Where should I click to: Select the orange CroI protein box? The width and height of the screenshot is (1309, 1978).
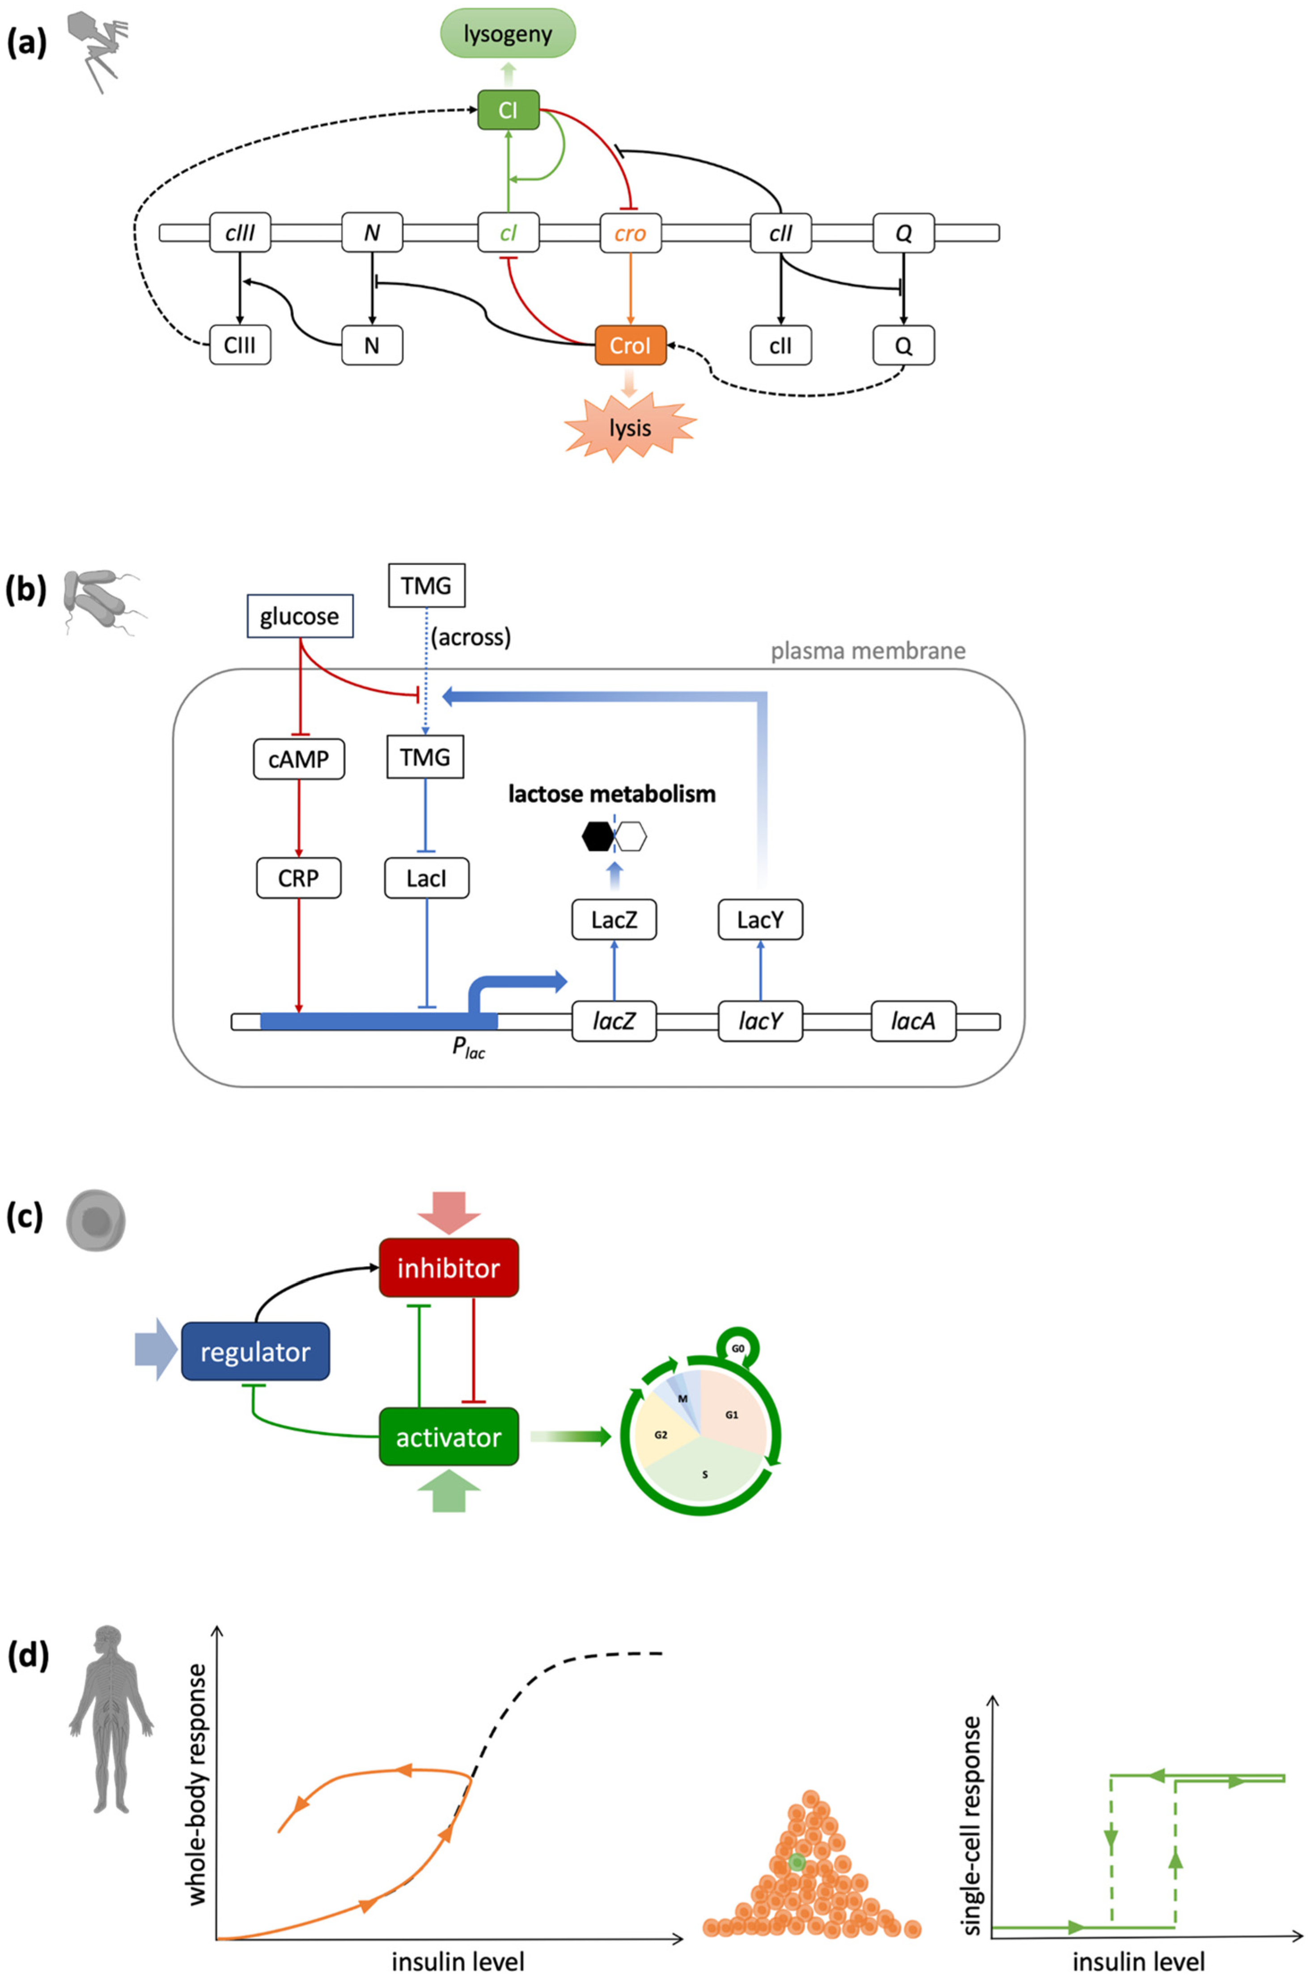click(630, 345)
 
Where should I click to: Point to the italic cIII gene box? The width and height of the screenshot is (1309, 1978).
click(240, 233)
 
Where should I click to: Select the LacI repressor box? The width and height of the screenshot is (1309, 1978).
click(427, 878)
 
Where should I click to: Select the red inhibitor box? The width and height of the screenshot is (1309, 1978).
click(448, 1268)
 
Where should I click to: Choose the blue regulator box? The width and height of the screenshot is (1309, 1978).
click(255, 1351)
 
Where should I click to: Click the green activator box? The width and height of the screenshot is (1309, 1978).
click(448, 1437)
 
